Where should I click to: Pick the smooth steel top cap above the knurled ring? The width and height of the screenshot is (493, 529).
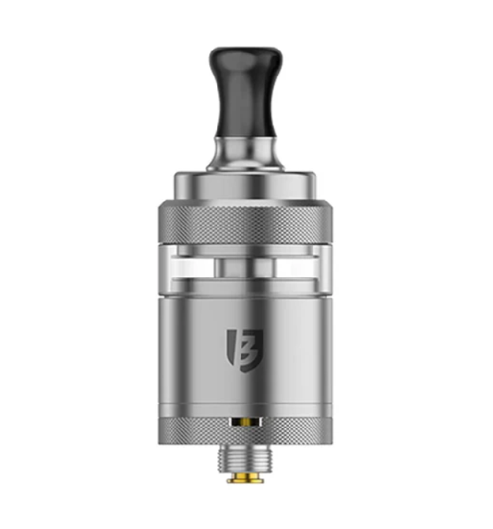coord(246,186)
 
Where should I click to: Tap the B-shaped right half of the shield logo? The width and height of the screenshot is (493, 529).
coord(252,345)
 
